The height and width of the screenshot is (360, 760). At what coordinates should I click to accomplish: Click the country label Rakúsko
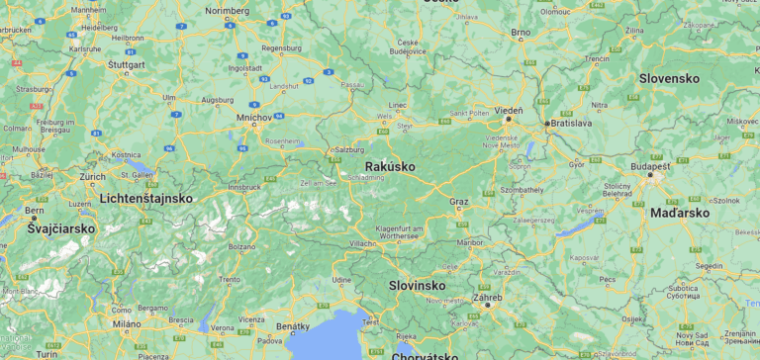(x=390, y=166)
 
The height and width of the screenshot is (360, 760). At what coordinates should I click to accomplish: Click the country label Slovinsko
(x=416, y=285)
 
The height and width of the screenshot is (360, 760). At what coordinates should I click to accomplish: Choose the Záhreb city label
(x=487, y=297)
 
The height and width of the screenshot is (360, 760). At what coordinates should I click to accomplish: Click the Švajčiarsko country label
(x=61, y=228)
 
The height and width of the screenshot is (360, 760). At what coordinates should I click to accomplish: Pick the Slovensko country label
(x=669, y=78)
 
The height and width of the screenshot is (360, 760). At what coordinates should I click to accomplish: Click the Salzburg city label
(x=350, y=149)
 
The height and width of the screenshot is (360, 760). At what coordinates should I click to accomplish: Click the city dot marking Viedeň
(x=510, y=119)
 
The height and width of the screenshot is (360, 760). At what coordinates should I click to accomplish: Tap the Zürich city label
(x=93, y=176)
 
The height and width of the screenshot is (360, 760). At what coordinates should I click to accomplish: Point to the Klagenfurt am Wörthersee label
(x=399, y=232)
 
